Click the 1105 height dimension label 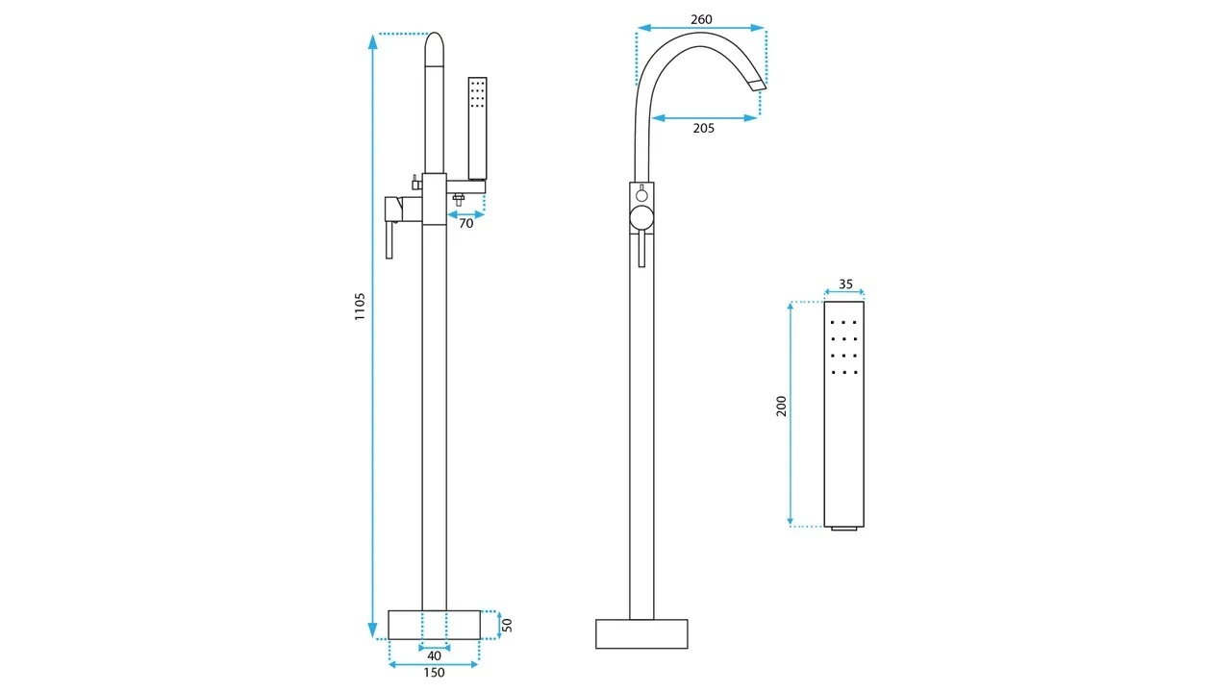tap(360, 307)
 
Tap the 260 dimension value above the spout tap(701, 19)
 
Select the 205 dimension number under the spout tap(703, 128)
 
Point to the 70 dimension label tap(466, 224)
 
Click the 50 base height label tap(507, 625)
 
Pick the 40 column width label tap(434, 655)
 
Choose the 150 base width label tap(434, 672)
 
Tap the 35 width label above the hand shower tap(845, 284)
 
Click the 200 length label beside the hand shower tap(782, 406)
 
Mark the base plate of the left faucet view tap(434, 625)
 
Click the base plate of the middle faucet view tap(641, 633)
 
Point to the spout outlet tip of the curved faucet tap(758, 85)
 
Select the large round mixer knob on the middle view tap(641, 217)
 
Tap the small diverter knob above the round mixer tap(641, 194)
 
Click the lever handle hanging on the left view tap(389, 239)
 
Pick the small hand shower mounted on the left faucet tap(478, 129)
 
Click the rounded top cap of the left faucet tap(434, 49)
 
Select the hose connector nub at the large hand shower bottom tap(844, 529)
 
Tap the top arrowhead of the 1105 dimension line tap(372, 41)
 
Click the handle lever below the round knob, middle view tap(641, 249)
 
